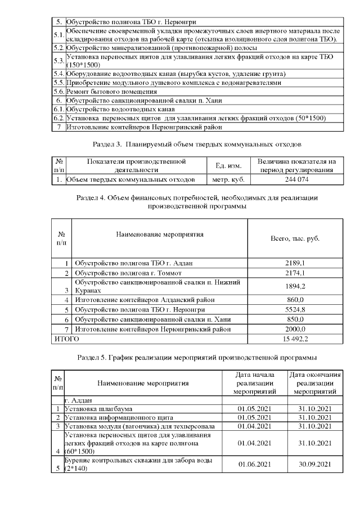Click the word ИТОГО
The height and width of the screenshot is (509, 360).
(x=66, y=339)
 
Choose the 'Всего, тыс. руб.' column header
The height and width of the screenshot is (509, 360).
(x=295, y=239)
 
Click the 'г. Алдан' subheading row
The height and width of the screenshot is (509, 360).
(x=79, y=399)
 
